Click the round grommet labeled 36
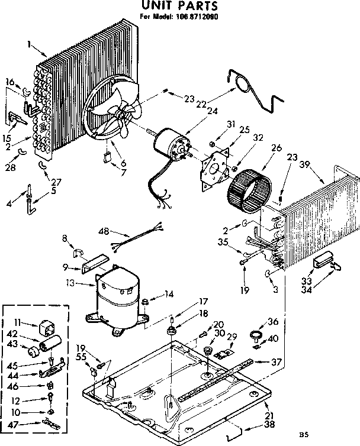(x=257, y=337)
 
